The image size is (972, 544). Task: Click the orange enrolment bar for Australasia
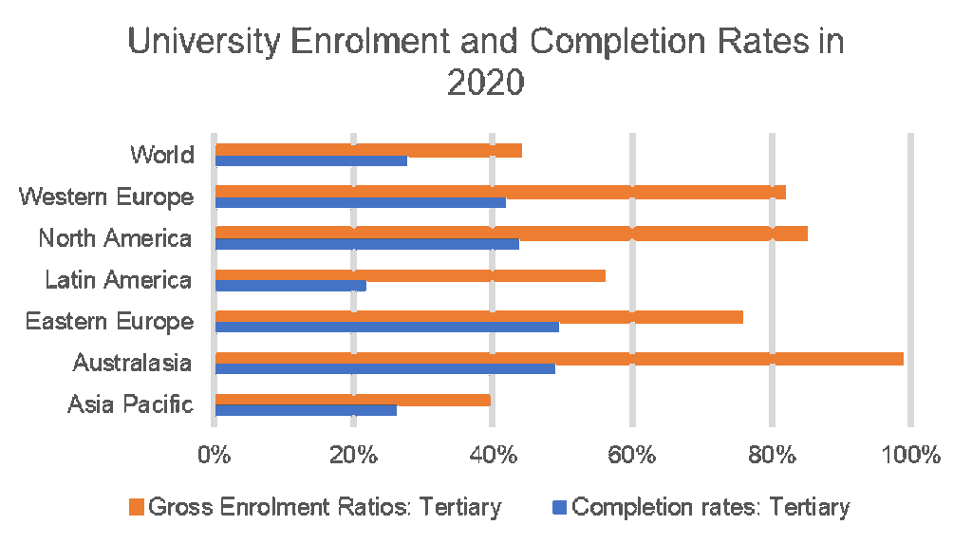[x=559, y=358]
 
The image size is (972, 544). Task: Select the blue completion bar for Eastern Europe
[x=387, y=328]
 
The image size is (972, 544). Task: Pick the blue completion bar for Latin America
[x=290, y=286]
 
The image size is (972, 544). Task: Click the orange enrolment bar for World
[x=368, y=150]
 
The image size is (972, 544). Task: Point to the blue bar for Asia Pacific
[x=306, y=410]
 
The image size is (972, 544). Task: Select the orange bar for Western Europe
[x=500, y=192]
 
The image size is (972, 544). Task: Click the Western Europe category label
[x=106, y=197]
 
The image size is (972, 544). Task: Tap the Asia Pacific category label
[x=130, y=405]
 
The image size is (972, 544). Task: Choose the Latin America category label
[x=119, y=280]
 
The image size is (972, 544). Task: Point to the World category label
[x=162, y=155]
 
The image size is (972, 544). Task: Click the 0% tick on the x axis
[x=215, y=455]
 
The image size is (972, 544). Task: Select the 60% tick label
[x=631, y=455]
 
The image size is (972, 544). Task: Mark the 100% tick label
[x=908, y=455]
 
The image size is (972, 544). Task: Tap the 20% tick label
[x=354, y=455]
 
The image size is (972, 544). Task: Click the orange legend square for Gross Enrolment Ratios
[x=136, y=507]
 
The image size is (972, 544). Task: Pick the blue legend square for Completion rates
[x=559, y=507]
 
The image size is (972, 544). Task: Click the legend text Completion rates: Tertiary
[x=711, y=507]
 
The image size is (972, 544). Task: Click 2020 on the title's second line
[x=485, y=84]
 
